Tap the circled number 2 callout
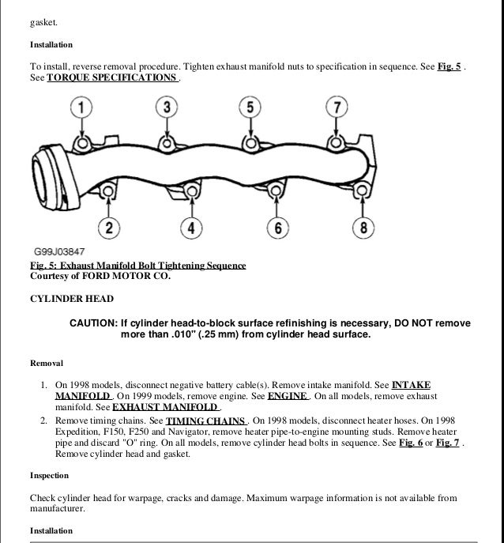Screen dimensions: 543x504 coord(110,228)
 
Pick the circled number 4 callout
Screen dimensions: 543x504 coord(191,228)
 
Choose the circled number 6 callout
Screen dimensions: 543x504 coord(277,228)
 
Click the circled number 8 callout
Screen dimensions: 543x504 coord(363,228)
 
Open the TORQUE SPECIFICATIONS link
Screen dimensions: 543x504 coord(112,79)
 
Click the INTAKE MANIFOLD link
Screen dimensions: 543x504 coord(411,385)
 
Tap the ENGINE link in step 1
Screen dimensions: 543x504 coord(288,396)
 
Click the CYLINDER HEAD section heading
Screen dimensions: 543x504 coord(72,299)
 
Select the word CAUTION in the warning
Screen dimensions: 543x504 coord(92,324)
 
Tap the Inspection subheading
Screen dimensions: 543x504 coord(49,476)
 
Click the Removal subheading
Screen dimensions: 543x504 coord(47,363)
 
